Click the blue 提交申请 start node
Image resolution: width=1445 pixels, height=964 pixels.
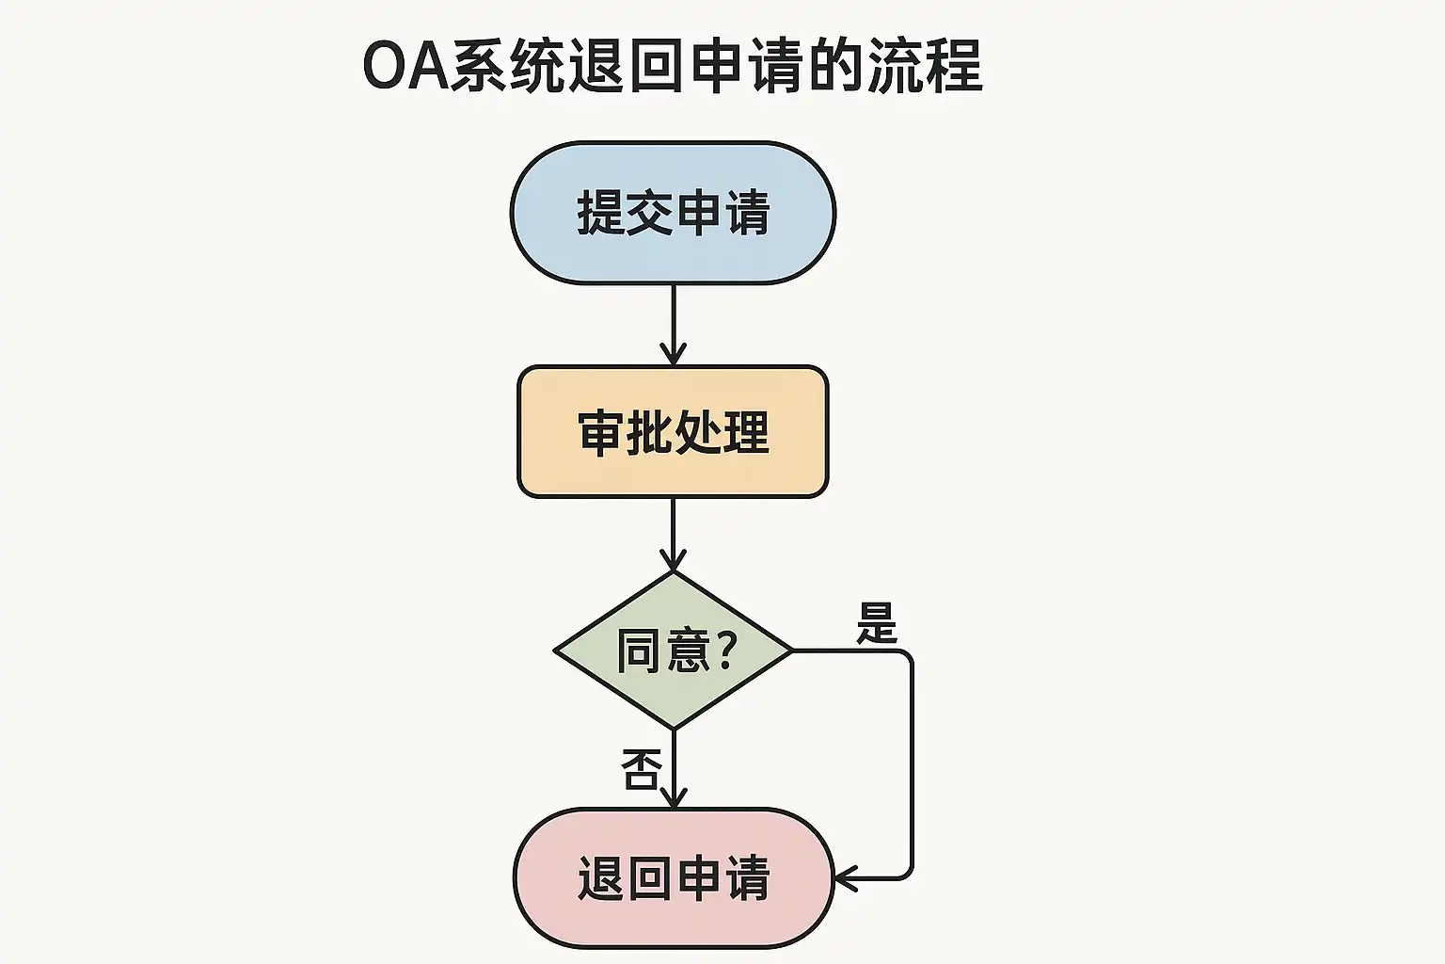tap(673, 213)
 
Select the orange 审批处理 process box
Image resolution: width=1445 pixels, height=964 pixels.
tap(673, 432)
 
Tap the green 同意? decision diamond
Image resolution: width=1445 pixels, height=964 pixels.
tap(673, 651)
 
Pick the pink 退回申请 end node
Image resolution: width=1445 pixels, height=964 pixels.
tap(673, 877)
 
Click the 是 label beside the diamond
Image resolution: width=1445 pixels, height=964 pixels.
tap(877, 623)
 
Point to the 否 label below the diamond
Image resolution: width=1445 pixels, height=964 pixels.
tap(641, 770)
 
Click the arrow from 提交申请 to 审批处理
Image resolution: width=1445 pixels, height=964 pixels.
tap(673, 320)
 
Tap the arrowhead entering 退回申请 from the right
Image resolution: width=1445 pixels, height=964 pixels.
tap(845, 878)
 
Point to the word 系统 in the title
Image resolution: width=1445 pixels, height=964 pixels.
tap(508, 66)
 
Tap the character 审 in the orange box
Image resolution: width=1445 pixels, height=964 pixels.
tap(601, 433)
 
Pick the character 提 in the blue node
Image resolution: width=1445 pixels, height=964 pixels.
tap(601, 213)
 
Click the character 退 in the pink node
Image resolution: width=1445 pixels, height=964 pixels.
tap(601, 878)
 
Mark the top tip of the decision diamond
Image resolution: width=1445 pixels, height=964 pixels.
tap(673, 573)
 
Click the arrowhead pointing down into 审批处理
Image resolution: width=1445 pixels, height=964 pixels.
tap(673, 356)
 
